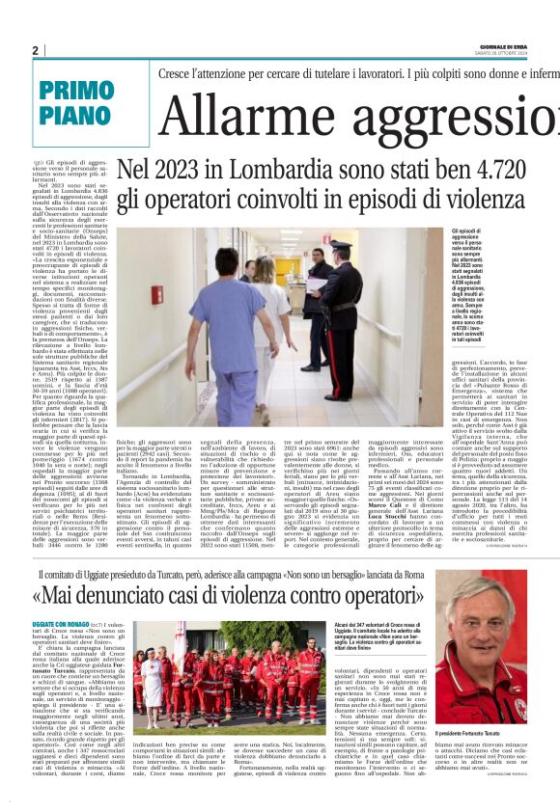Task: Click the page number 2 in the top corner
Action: [x=35, y=50]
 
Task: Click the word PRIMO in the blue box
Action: [x=78, y=90]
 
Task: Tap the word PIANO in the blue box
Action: [x=75, y=116]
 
